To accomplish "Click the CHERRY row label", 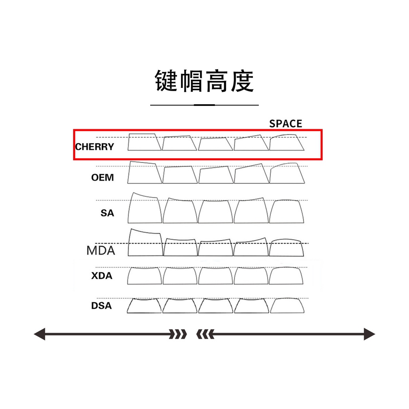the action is [x=95, y=147].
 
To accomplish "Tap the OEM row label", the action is [x=103, y=177].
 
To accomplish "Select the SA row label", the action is [x=107, y=213].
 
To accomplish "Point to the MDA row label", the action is [x=101, y=251].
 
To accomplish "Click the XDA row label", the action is [x=102, y=276].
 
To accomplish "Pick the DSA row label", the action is [x=101, y=306].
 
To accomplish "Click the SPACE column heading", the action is [x=286, y=123].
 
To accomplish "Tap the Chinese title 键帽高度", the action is [x=204, y=81].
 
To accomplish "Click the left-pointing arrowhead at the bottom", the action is [x=40, y=334].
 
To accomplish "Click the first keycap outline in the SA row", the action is [x=145, y=209].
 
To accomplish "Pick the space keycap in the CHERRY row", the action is [x=286, y=143].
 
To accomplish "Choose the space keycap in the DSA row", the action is [x=287, y=306].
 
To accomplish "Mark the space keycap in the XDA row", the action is [x=287, y=276].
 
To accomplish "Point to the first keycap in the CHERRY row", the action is [x=144, y=142].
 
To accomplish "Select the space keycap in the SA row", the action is [x=287, y=212].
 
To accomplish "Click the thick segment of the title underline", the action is [x=204, y=105].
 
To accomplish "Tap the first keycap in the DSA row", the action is [x=145, y=306].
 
